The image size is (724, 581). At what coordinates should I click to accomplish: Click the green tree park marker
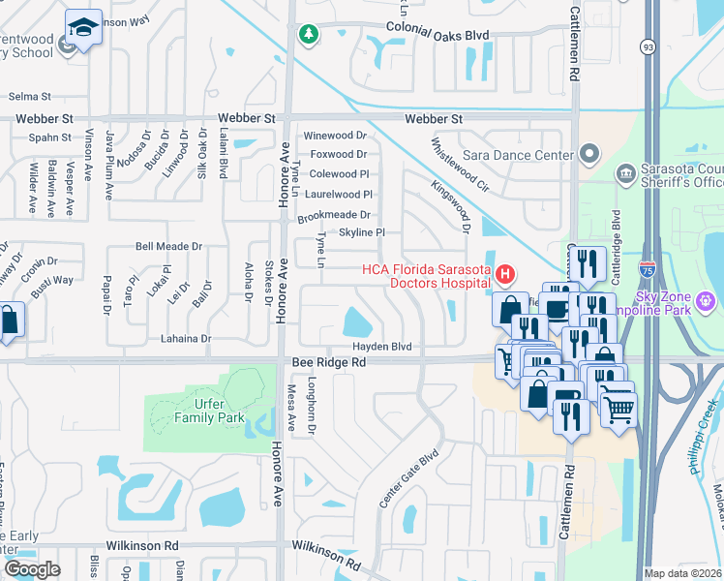coord(309,35)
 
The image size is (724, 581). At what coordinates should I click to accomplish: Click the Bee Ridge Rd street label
coord(329,362)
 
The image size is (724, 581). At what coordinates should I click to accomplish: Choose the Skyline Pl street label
coord(362,232)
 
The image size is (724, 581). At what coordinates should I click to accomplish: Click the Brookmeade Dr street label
coord(335,215)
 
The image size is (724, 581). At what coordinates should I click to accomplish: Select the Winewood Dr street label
coord(336,136)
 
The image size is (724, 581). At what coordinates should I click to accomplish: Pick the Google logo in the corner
coord(31,569)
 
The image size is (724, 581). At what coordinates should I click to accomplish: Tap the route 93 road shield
coord(647,46)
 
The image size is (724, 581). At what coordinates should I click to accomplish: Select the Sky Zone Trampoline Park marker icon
coord(706,301)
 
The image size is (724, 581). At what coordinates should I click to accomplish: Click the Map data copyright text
coord(682,573)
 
